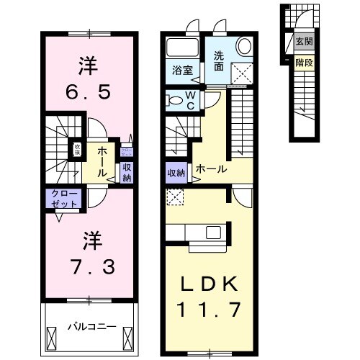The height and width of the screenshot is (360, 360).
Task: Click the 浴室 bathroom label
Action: (182, 71)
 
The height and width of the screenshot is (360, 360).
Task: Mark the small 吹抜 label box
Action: (76, 150)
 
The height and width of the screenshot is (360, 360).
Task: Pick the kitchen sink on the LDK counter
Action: (215, 233)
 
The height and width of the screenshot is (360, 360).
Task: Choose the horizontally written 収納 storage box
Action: (176, 173)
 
